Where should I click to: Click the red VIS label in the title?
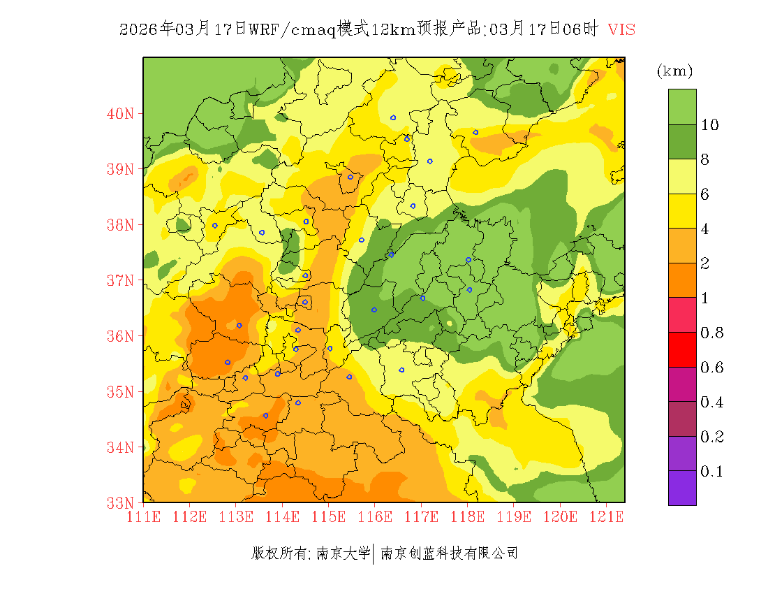(621, 29)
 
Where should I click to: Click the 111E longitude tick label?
(144, 517)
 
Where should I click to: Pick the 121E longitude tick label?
(606, 517)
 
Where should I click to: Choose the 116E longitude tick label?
(375, 517)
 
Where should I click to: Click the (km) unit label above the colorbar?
(674, 71)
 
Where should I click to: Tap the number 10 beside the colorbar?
(710, 125)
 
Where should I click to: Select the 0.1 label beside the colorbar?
(711, 472)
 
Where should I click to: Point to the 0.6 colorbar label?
(711, 368)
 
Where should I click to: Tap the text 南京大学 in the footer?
(343, 553)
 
